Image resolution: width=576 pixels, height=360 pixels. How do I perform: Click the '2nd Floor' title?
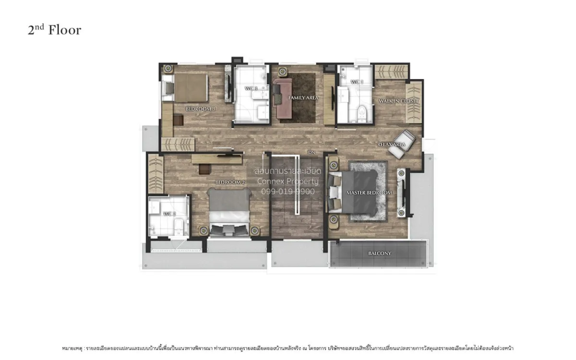54,30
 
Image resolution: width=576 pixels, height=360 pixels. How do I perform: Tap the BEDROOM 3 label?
200,109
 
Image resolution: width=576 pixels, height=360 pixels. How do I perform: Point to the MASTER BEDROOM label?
369,193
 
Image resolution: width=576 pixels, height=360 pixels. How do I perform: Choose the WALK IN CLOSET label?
398,101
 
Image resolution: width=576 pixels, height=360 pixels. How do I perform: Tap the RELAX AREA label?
393,144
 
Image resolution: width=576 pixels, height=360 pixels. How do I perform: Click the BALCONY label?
380,253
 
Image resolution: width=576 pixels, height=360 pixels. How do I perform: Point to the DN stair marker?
312,153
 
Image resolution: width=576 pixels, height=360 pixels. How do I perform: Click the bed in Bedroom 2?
229,211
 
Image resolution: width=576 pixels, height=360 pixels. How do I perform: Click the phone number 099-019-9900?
288,192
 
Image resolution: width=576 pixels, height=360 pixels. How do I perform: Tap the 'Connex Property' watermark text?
288,181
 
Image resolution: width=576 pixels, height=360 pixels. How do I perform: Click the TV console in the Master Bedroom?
401,192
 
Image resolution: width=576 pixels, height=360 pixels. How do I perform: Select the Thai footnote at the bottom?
288,348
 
